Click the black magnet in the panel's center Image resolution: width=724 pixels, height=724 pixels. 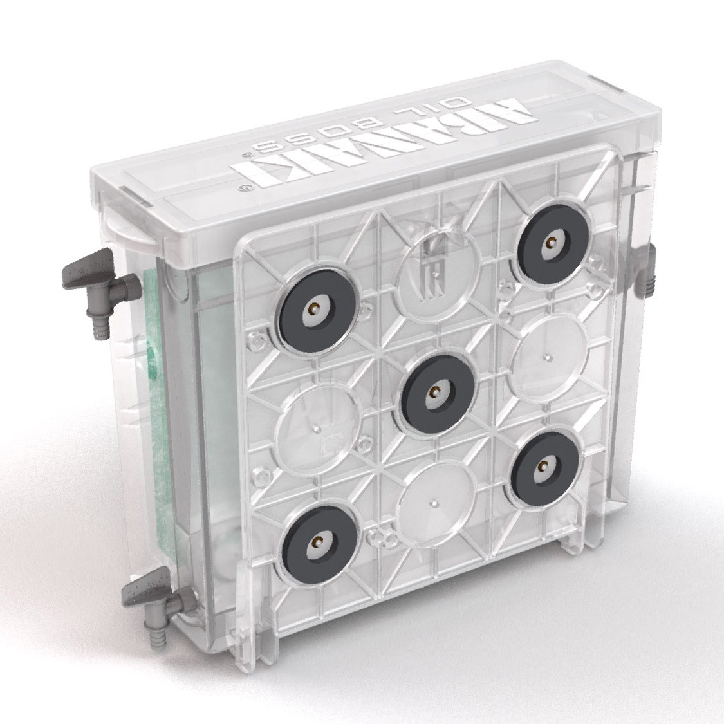click(x=434, y=393)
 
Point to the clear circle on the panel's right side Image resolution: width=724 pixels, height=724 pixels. click(x=550, y=358)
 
